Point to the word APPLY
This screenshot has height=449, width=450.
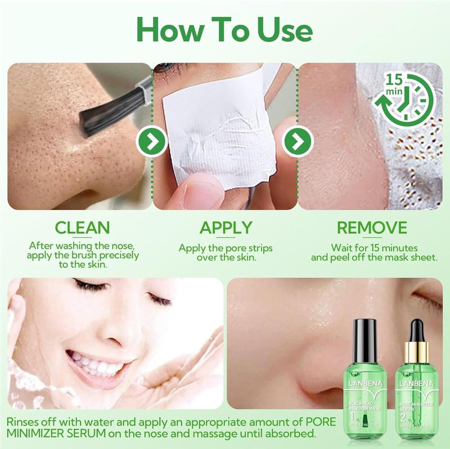click(225, 227)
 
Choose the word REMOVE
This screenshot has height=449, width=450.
click(371, 227)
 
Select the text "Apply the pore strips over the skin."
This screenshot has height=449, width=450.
click(225, 253)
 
